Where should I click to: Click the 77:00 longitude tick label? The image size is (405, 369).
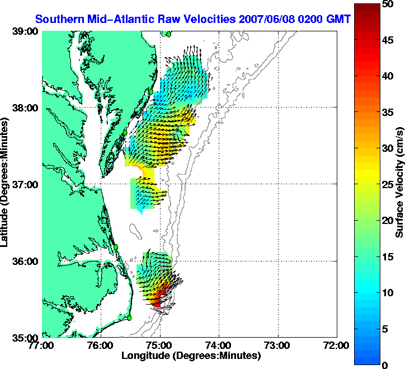point(43,345)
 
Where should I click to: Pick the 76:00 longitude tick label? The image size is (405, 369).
point(101,345)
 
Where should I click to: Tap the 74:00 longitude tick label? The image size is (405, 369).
point(219,345)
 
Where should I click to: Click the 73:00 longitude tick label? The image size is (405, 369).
point(278,345)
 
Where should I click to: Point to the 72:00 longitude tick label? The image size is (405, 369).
point(337,345)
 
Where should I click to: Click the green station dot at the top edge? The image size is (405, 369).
point(168,34)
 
